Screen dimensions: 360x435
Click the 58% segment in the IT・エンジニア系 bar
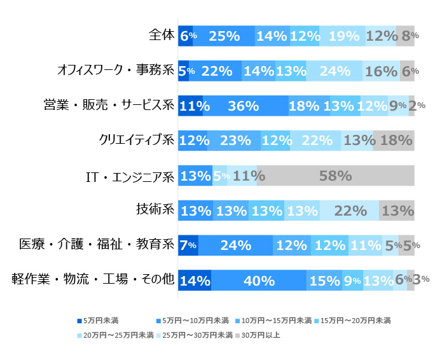335,176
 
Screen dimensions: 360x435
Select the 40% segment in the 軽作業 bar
259,279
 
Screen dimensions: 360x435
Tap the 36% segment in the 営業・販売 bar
245,106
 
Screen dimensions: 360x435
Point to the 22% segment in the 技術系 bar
349,211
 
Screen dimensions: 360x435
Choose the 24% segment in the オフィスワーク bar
334,71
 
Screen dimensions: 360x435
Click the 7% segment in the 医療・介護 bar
188,245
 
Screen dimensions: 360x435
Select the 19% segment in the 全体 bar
343,37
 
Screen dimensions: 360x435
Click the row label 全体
161,36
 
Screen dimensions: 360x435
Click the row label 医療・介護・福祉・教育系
97,244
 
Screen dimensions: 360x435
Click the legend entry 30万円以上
257,334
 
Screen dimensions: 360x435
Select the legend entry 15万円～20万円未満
356,320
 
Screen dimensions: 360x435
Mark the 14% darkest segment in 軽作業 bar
195,279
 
